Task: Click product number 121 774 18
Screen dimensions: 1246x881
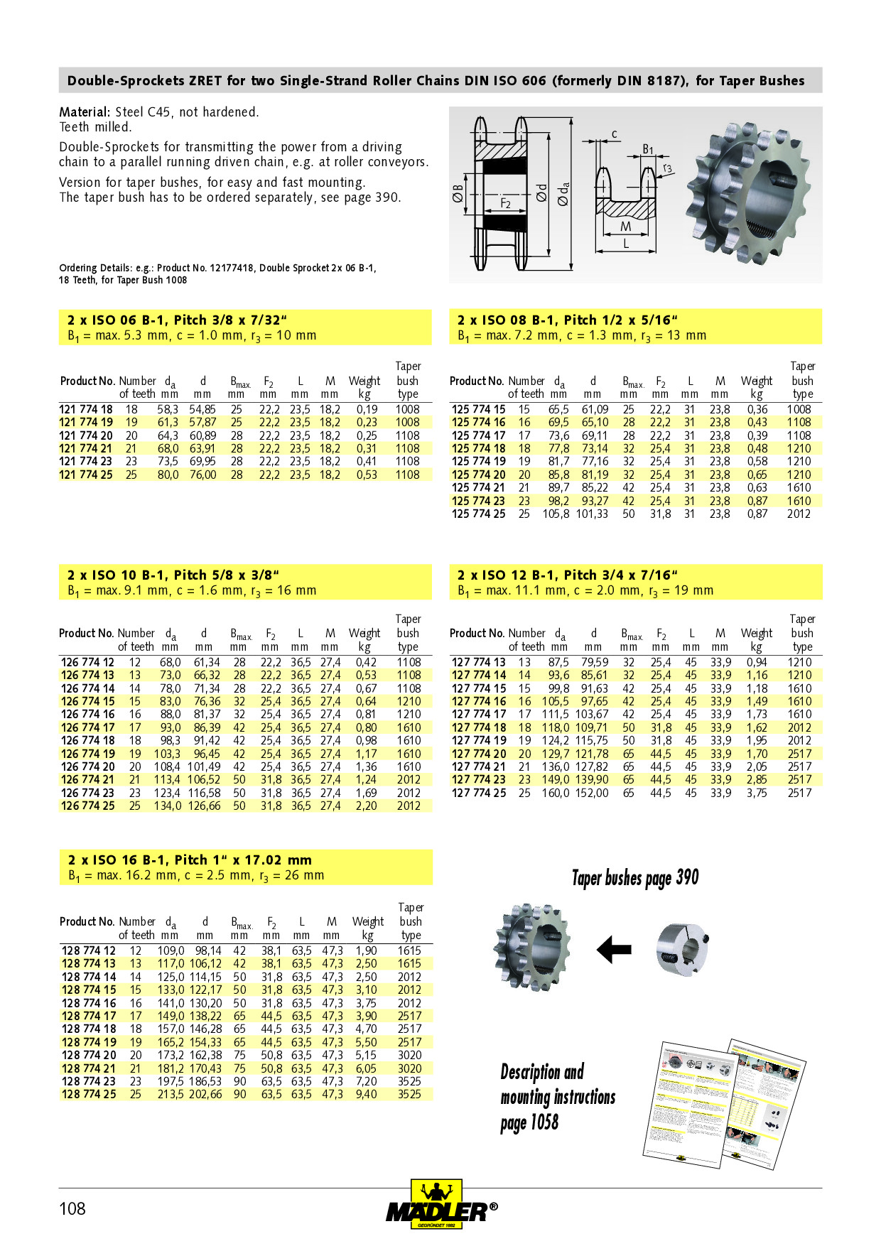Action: point(86,409)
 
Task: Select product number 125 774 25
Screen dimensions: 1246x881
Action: point(478,514)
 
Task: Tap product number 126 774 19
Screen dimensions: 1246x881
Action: point(88,754)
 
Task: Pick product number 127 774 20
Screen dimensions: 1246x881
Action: point(479,754)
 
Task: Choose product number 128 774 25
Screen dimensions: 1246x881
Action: point(89,1094)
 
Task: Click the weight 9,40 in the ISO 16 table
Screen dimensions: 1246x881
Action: point(366,1094)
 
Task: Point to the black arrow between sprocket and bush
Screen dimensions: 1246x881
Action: point(614,949)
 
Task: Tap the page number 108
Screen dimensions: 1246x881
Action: point(72,1208)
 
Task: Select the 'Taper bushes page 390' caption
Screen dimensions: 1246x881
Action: point(635,878)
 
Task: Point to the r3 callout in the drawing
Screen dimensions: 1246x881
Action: point(667,168)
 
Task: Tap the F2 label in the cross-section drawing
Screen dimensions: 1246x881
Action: point(505,203)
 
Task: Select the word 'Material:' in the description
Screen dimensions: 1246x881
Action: point(85,112)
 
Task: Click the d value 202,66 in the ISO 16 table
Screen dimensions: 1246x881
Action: point(205,1094)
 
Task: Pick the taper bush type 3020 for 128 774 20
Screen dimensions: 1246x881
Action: point(409,1055)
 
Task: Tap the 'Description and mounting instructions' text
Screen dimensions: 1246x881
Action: point(558,1097)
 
